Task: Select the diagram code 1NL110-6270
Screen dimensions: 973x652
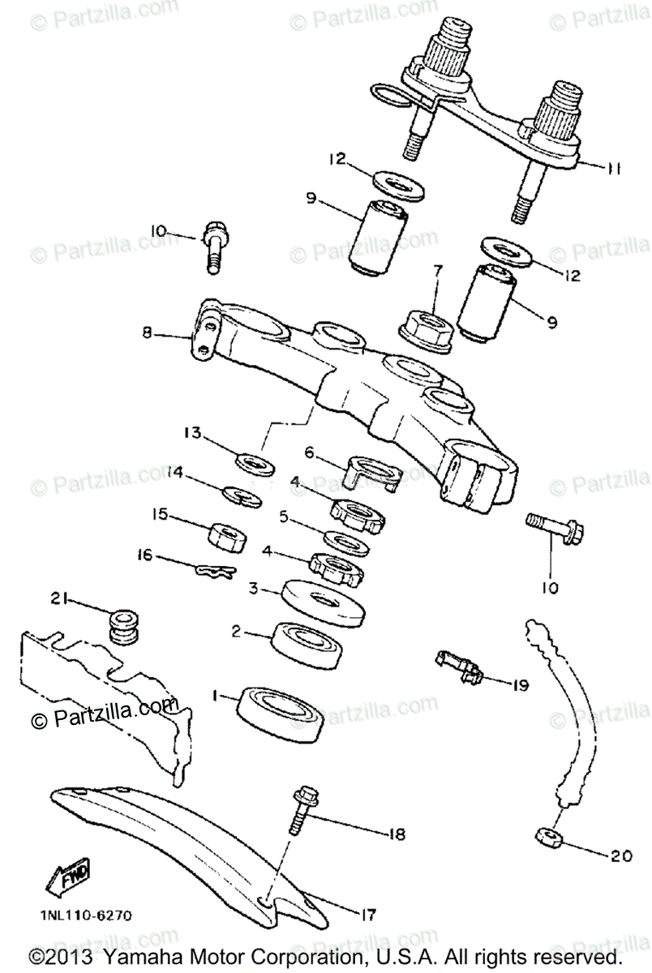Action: click(x=80, y=915)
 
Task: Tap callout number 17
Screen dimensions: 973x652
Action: click(x=368, y=915)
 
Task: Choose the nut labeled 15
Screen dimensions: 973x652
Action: click(x=228, y=535)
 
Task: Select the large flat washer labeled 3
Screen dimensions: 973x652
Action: click(x=323, y=598)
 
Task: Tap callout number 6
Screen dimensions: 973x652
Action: click(x=309, y=456)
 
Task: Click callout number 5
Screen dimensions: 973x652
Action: click(x=283, y=515)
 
